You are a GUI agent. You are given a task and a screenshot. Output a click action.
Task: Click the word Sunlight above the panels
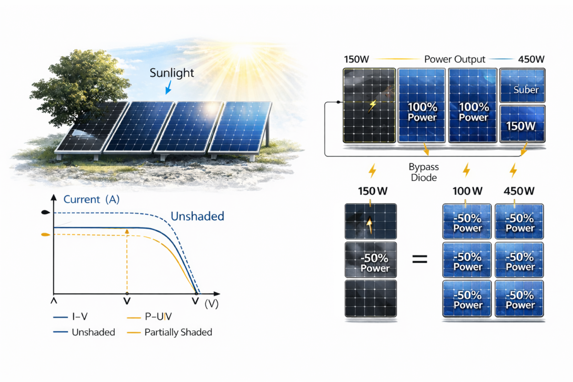(171, 73)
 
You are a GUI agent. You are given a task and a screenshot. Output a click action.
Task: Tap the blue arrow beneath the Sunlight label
(168, 87)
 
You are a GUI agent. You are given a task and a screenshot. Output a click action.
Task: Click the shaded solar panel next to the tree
(92, 127)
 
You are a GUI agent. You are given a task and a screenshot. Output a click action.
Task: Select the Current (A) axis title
(91, 199)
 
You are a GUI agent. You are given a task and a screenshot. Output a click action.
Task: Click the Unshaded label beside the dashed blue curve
(197, 216)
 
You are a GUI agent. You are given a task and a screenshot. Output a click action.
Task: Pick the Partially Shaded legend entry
(170, 332)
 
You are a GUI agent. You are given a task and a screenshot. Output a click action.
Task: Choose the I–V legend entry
(70, 317)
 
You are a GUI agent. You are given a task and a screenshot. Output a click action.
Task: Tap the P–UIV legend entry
(149, 317)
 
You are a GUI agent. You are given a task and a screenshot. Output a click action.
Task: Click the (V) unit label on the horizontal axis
(212, 304)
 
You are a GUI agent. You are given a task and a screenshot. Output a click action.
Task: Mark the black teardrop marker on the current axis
(45, 212)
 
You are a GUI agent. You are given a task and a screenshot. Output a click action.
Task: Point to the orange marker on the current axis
(45, 234)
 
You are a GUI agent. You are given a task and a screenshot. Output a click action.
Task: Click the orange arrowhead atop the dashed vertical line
(127, 232)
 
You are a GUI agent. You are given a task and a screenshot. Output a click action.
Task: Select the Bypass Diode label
(424, 172)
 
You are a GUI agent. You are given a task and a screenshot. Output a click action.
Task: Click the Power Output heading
(455, 59)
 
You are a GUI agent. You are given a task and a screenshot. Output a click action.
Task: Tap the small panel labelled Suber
(522, 85)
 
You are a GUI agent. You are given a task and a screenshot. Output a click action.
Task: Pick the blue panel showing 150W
(522, 124)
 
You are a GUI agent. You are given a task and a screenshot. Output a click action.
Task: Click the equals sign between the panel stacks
(420, 259)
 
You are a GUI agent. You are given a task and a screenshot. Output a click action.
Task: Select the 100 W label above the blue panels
(467, 191)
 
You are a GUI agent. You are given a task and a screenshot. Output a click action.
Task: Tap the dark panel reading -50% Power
(371, 260)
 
